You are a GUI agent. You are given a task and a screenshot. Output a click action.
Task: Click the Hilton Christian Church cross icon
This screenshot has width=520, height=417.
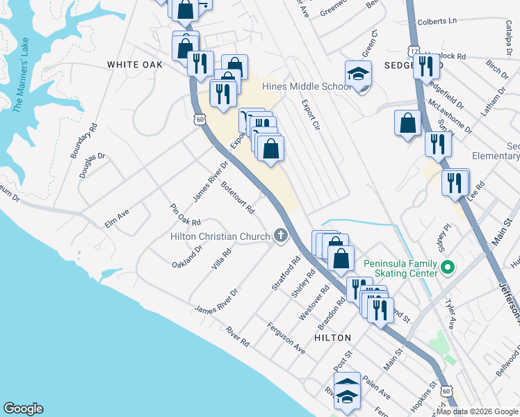click(281, 236)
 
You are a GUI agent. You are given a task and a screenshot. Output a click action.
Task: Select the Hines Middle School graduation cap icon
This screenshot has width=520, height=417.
click(358, 74)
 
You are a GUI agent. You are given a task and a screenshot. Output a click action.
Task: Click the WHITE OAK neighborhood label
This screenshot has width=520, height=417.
click(135, 64)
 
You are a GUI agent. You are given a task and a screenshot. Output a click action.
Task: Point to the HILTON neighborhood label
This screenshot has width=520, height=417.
click(332, 337)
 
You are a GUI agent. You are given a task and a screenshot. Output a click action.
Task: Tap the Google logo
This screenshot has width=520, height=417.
click(24, 409)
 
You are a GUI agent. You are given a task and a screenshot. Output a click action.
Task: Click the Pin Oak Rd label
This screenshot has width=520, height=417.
click(185, 215)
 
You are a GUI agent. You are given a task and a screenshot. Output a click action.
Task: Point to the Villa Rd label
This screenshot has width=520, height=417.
click(221, 261)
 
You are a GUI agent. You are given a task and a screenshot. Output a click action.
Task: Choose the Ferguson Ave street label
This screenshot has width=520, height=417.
click(287, 337)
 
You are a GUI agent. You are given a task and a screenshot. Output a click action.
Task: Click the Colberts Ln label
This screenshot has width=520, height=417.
click(437, 22)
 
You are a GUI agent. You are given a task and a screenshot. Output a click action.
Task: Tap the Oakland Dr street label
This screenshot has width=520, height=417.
click(188, 255)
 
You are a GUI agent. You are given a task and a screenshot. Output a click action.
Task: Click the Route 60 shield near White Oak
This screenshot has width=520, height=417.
click(200, 120)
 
